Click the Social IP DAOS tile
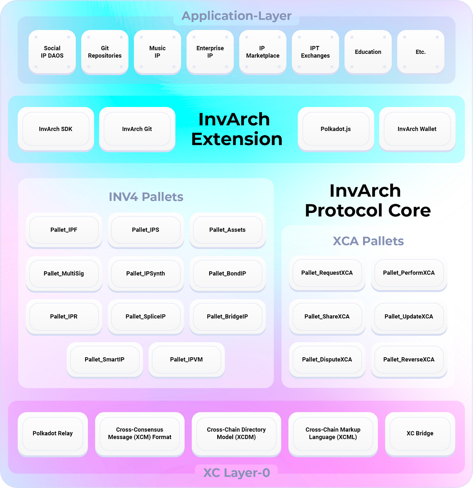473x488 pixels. (x=52, y=52)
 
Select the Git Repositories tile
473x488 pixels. (x=105, y=52)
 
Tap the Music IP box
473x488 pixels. (x=157, y=52)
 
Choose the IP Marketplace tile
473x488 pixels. (x=263, y=52)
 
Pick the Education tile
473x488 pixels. (x=368, y=52)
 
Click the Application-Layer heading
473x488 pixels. (x=236, y=16)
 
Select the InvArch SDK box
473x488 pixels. (x=56, y=129)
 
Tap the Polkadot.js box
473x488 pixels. (x=336, y=129)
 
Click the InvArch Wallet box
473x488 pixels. (x=417, y=129)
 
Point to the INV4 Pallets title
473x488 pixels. (x=146, y=197)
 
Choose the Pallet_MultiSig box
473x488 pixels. (x=64, y=273)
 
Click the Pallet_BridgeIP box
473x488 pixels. (x=227, y=316)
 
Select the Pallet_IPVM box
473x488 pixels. (x=186, y=359)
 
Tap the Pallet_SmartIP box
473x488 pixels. (x=104, y=359)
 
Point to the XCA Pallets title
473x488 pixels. (x=368, y=241)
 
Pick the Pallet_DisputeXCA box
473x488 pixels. (x=327, y=359)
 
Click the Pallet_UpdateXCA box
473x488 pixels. (x=409, y=316)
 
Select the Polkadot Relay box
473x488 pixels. (x=53, y=433)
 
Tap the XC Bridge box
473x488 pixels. (x=420, y=433)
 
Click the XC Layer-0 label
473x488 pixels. (x=236, y=472)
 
